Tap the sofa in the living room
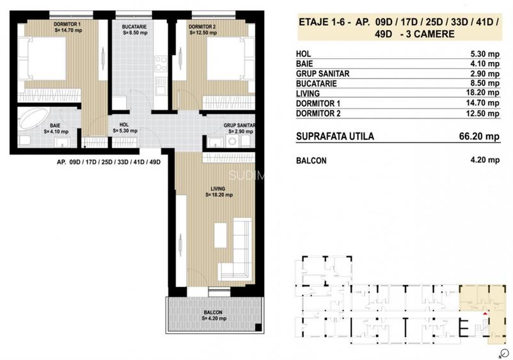[239, 249]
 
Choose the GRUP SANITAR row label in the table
[323, 74]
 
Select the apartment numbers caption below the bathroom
[107, 162]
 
